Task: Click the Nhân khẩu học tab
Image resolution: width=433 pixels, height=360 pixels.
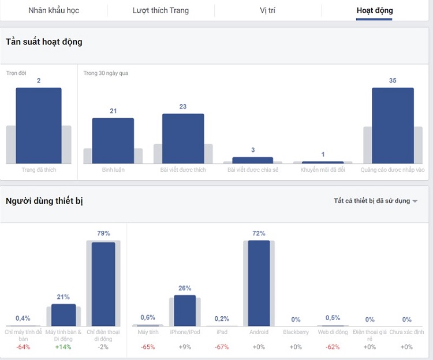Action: coord(54,10)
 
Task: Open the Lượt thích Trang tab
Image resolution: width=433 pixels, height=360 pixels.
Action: coord(160,10)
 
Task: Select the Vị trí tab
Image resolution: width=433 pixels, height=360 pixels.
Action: coord(267,10)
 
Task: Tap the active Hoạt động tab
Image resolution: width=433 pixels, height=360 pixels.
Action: coord(374,10)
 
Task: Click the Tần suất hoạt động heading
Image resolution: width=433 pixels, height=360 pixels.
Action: coord(44,42)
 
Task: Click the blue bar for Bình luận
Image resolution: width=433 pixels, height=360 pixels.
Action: coord(113,141)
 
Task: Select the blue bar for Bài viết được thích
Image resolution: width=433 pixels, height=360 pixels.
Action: coord(183,138)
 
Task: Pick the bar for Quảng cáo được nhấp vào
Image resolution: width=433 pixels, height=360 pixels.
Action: coord(393,125)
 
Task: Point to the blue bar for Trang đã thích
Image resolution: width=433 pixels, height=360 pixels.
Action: coord(39,125)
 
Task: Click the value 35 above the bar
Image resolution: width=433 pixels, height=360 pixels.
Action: coord(393,81)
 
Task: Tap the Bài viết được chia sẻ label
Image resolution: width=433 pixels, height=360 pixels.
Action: coord(253,170)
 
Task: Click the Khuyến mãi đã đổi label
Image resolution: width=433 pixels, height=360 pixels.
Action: coord(323,170)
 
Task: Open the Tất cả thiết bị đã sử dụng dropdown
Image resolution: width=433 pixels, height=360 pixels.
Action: coord(375,201)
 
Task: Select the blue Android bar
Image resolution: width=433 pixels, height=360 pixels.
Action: coord(259,283)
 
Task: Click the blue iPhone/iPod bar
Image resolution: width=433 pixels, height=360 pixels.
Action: coord(185,310)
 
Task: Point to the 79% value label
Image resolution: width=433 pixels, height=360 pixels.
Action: coord(103,233)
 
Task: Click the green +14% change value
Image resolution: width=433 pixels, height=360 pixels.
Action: coord(63,347)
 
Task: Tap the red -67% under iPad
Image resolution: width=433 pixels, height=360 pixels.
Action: coord(222,347)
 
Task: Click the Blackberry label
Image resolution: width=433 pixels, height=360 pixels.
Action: coord(296,332)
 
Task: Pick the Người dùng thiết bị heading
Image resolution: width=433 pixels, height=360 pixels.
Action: coord(45,201)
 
